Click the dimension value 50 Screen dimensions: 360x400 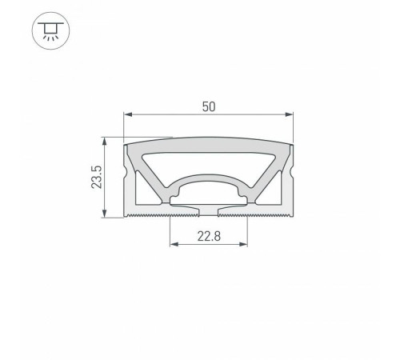(207, 105)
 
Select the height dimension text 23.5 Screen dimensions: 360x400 (97, 178)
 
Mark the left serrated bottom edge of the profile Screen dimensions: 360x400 (149, 215)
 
